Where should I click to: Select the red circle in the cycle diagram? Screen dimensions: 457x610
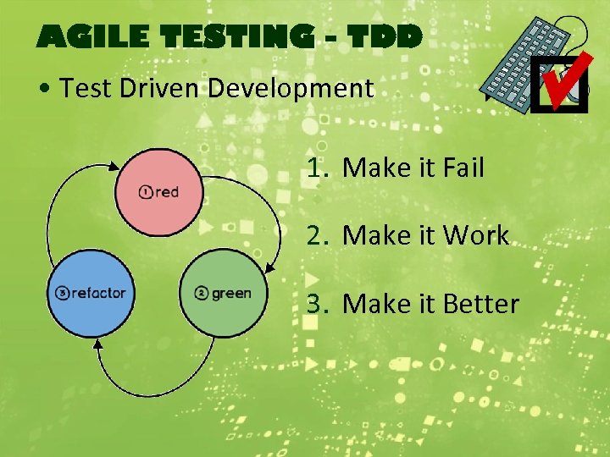(159, 191)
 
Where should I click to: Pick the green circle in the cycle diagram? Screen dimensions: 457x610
(224, 293)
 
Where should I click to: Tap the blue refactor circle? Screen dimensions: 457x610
(91, 293)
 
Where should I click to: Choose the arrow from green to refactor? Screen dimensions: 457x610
(161, 385)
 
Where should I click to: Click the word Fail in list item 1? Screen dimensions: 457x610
(462, 168)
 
